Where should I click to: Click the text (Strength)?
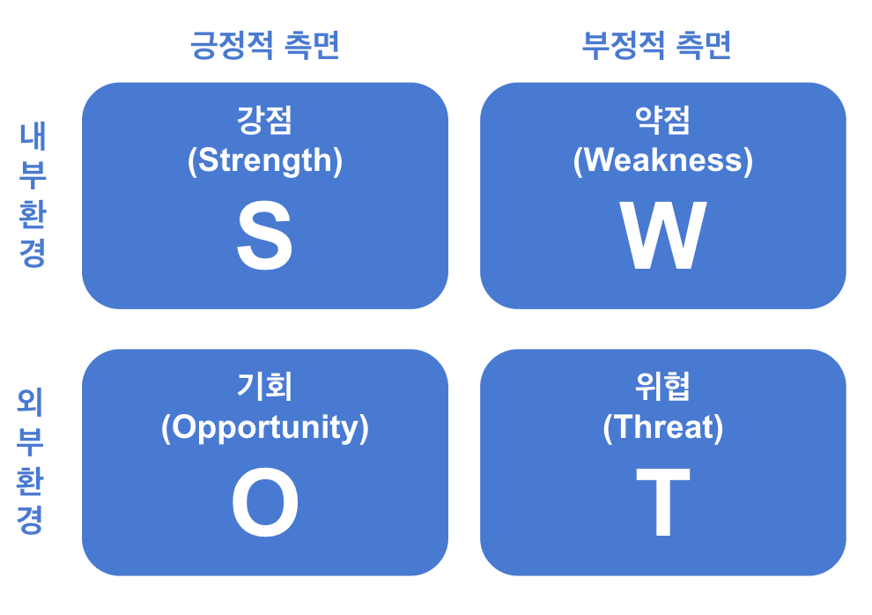tap(264, 160)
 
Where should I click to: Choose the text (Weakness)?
tap(662, 160)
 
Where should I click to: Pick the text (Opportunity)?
tap(264, 427)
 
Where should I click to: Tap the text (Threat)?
tap(662, 427)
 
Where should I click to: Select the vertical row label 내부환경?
tap(32, 196)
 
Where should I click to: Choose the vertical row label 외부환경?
tap(32, 463)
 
